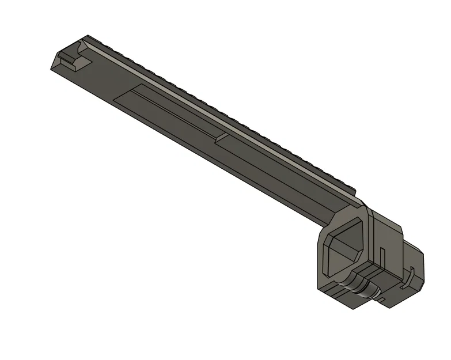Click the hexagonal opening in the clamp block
pyautogui.click(x=344, y=247)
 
